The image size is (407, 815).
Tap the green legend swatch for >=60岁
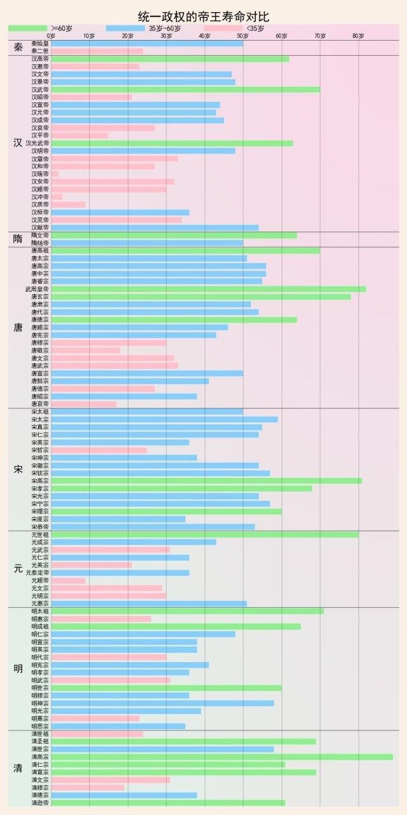tap(28, 29)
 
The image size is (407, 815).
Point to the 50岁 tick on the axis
tap(243, 36)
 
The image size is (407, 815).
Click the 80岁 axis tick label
tap(359, 36)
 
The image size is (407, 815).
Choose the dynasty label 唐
tap(18, 328)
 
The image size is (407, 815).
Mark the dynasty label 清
tap(18, 769)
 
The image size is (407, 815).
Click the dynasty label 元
tap(18, 569)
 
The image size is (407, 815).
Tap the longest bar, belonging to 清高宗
tap(222, 757)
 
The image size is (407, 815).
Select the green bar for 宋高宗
tap(206, 481)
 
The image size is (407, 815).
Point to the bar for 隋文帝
tap(174, 236)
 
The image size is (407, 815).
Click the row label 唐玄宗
tap(39, 297)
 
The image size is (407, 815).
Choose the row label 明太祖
tap(39, 611)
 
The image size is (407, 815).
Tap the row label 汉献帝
tap(39, 227)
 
